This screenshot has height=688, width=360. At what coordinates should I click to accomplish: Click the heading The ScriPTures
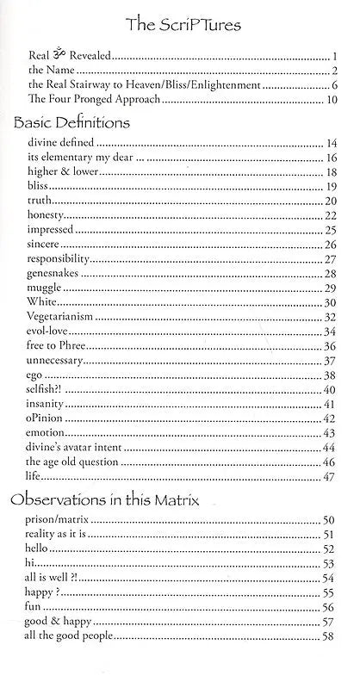(181, 27)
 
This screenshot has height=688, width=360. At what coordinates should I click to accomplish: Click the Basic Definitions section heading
(71, 122)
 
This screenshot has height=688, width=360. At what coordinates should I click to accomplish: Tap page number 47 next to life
(330, 475)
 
